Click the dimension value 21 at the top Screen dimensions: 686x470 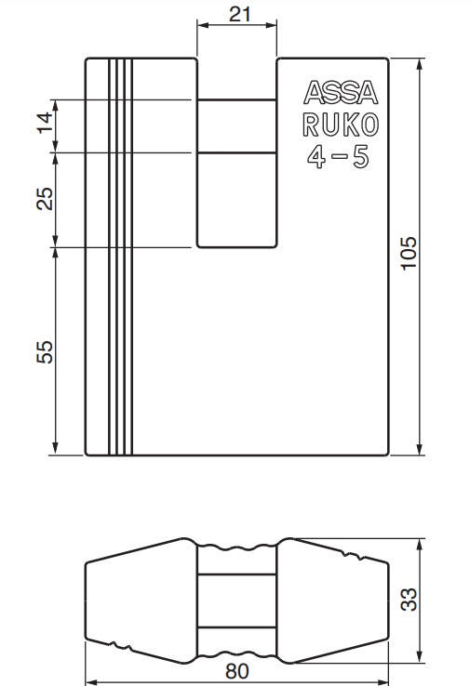pyautogui.click(x=235, y=15)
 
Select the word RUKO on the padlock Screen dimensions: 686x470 pyautogui.click(x=338, y=125)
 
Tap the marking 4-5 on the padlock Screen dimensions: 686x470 pyautogui.click(x=338, y=157)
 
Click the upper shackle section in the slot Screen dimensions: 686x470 pyautogui.click(x=235, y=125)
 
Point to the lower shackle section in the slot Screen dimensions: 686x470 pyautogui.click(x=235, y=200)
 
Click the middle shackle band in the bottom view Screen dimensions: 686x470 pyautogui.click(x=235, y=601)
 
